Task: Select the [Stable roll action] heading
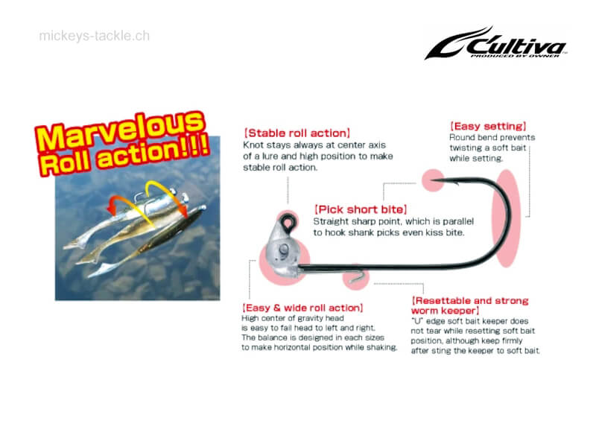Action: [297, 133]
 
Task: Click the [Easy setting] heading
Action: [488, 127]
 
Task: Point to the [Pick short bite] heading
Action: [360, 209]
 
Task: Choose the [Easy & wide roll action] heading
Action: [302, 308]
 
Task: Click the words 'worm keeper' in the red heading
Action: [445, 310]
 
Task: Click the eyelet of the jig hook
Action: [287, 221]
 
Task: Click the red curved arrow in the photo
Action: [118, 203]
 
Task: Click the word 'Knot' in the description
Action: [254, 145]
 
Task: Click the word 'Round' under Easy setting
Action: [463, 138]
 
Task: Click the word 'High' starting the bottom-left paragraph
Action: [251, 319]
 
